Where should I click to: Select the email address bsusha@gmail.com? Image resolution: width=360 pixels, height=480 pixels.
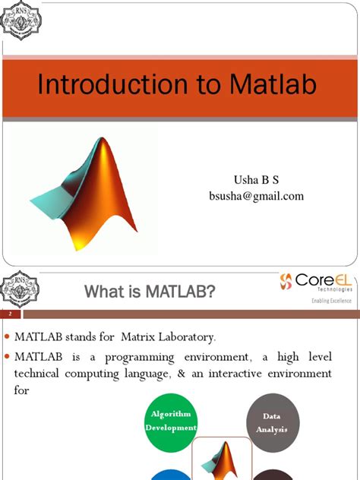(x=256, y=196)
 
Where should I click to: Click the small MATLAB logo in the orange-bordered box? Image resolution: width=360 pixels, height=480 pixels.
(x=224, y=460)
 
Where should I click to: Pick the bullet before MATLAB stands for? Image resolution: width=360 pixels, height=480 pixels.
(x=8, y=336)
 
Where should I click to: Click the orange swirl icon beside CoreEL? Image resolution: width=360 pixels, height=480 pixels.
(x=286, y=283)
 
